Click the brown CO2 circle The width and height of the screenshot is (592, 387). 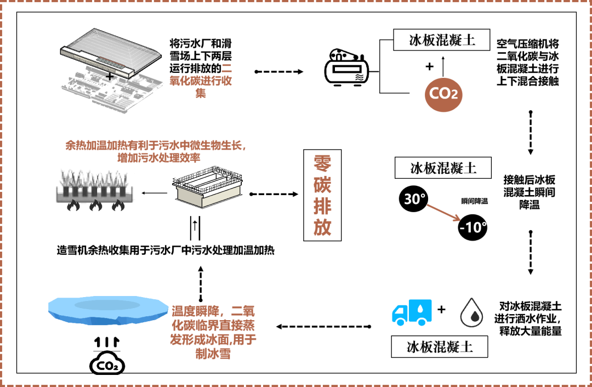point(443,94)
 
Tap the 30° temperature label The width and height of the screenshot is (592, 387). point(414,199)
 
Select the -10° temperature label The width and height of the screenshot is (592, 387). point(473,227)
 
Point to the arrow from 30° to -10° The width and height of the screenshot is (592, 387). point(443,213)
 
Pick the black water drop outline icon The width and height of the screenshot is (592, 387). point(471,313)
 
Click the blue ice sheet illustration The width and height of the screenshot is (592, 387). point(108,310)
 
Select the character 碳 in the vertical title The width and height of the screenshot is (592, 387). point(322,185)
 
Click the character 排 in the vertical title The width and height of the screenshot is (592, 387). point(322,206)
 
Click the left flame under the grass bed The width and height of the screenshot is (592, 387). point(72,206)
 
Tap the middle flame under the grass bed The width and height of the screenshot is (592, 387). point(95,206)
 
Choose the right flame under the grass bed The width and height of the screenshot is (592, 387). point(118,206)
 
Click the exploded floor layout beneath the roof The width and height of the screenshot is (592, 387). point(112,90)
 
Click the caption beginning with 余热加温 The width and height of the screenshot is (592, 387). point(157,151)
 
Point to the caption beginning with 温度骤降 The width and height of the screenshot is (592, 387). point(213,332)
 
